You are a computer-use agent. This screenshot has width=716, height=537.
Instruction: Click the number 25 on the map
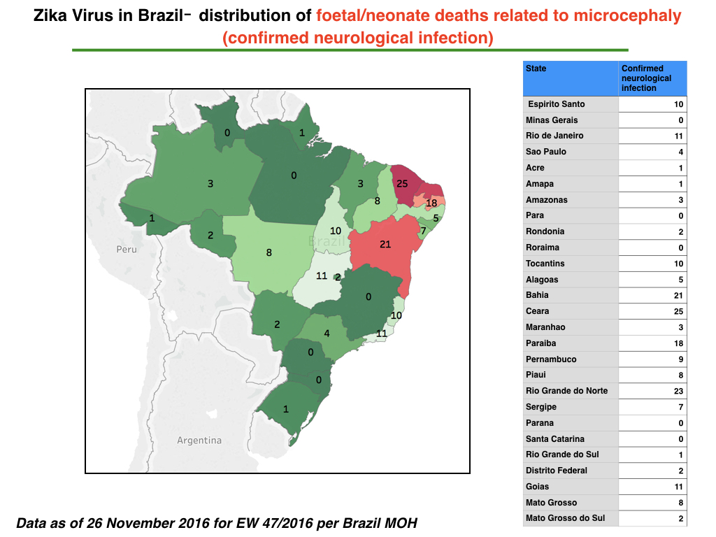click(x=402, y=184)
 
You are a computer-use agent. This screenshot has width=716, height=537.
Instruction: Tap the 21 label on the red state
click(x=385, y=244)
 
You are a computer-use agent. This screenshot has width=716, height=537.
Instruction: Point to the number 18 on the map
click(x=431, y=203)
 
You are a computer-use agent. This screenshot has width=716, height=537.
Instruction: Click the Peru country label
click(x=127, y=250)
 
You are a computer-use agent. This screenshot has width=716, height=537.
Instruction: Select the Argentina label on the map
click(x=199, y=441)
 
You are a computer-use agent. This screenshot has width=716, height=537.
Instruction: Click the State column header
click(x=536, y=69)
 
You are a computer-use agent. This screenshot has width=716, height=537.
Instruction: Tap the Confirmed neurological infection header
click(x=646, y=78)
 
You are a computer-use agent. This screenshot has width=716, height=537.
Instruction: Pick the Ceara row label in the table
click(x=537, y=311)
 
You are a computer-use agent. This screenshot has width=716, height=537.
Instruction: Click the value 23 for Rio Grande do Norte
click(x=678, y=391)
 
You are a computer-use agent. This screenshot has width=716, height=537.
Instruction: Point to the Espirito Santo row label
click(x=556, y=104)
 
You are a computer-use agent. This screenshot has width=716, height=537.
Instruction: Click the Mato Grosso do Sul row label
click(x=565, y=518)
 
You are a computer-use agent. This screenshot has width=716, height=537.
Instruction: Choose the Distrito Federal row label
click(x=556, y=471)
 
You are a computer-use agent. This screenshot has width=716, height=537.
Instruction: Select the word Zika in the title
click(x=50, y=15)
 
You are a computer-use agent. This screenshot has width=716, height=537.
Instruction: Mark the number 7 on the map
click(x=423, y=231)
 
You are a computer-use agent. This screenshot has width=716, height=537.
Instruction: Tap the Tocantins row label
click(x=545, y=264)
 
